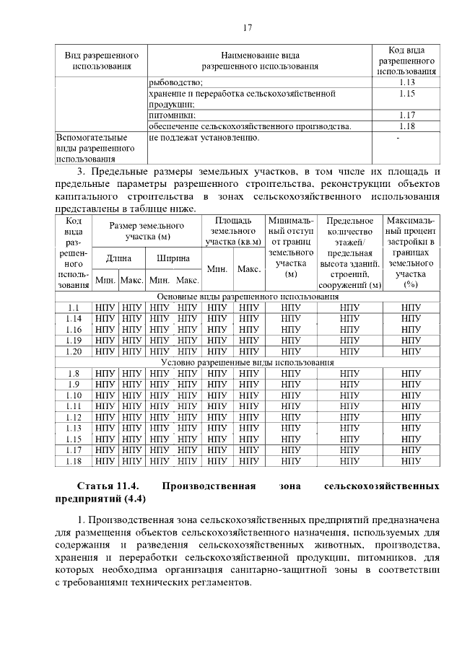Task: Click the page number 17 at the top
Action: click(247, 27)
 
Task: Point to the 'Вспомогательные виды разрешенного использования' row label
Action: click(92, 147)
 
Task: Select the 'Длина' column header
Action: click(119, 258)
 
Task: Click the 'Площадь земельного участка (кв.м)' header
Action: click(233, 231)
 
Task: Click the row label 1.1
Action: click(74, 307)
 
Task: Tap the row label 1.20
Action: click(74, 351)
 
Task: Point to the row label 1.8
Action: click(74, 373)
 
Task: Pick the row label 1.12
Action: click(74, 417)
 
